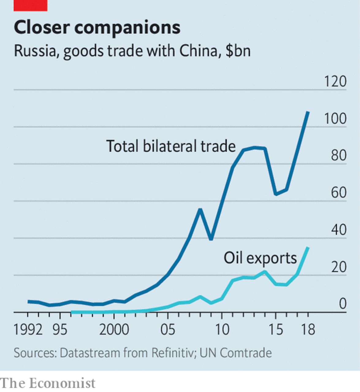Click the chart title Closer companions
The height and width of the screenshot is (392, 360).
pyautogui.click(x=97, y=28)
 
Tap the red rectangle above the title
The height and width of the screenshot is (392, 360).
pyautogui.click(x=30, y=6)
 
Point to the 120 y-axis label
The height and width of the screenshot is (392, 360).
pyautogui.click(x=335, y=82)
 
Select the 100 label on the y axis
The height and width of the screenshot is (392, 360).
pyautogui.click(x=335, y=119)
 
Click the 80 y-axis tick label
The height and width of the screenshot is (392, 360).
pyautogui.click(x=339, y=156)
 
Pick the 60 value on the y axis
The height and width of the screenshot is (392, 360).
pyautogui.click(x=339, y=193)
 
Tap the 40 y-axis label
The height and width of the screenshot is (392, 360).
pyautogui.click(x=339, y=230)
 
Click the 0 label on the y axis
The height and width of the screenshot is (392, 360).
pyautogui.click(x=342, y=304)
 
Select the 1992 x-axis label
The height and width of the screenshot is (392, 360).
pyautogui.click(x=28, y=330)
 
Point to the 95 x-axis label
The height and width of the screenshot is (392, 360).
pyautogui.click(x=60, y=330)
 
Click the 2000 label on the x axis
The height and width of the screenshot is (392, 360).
pyautogui.click(x=114, y=330)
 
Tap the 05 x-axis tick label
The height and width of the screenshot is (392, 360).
pyautogui.click(x=168, y=330)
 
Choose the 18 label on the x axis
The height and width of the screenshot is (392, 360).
pyautogui.click(x=308, y=330)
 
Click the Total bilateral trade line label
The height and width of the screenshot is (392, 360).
pyautogui.click(x=171, y=146)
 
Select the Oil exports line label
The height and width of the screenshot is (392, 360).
pyautogui.click(x=260, y=258)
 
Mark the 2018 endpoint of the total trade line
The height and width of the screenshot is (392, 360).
pyautogui.click(x=308, y=112)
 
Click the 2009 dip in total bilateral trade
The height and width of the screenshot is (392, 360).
pyautogui.click(x=211, y=239)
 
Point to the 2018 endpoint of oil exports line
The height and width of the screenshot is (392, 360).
pyautogui.click(x=308, y=248)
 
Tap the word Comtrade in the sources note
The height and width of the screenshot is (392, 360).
pyautogui.click(x=245, y=353)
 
